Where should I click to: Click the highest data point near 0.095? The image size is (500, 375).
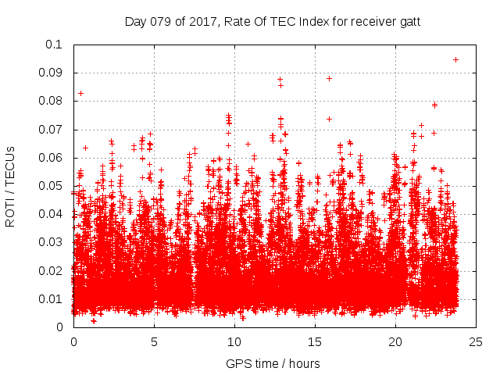pos(455,59)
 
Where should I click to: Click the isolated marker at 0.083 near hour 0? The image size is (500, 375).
pos(80,93)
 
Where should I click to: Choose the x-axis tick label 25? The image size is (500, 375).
pos(476,341)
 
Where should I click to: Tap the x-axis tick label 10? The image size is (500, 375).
pos(234,341)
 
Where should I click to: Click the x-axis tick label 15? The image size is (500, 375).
pos(315,341)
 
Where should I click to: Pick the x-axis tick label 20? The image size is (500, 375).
pos(395,341)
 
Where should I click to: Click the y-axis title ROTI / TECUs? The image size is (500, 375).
pos(10,186)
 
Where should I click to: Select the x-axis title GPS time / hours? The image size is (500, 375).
pos(273,363)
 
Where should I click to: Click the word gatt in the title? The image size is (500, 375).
pos(409,21)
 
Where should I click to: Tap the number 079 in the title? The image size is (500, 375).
pos(162,21)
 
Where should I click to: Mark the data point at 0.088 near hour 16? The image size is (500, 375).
pos(329,78)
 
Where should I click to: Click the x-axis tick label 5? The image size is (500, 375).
pos(154,341)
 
